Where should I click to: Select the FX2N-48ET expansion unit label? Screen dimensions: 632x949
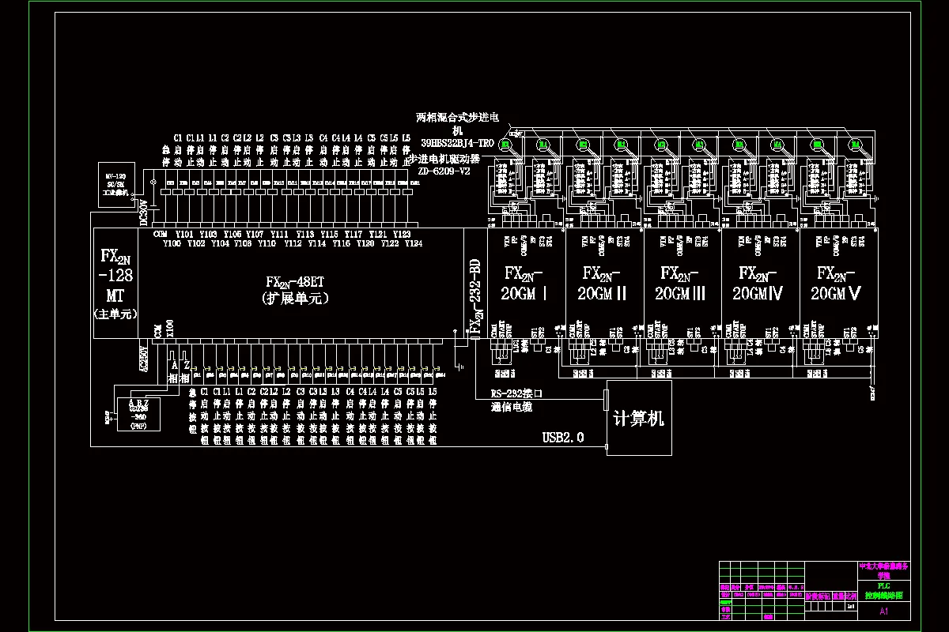[x=297, y=290]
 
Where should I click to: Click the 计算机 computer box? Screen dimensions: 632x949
[x=639, y=417]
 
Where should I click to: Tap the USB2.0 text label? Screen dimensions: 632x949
[x=563, y=437]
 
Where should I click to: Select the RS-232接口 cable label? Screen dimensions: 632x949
[x=516, y=393]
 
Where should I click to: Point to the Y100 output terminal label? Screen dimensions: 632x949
[x=172, y=244]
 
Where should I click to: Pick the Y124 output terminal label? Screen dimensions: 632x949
[x=413, y=244]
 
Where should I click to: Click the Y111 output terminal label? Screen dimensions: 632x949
[x=279, y=235]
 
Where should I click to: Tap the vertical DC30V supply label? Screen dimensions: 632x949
[x=144, y=213]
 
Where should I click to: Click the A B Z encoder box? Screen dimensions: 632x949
[x=138, y=410]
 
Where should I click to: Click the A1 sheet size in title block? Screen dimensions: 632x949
[x=884, y=611]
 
